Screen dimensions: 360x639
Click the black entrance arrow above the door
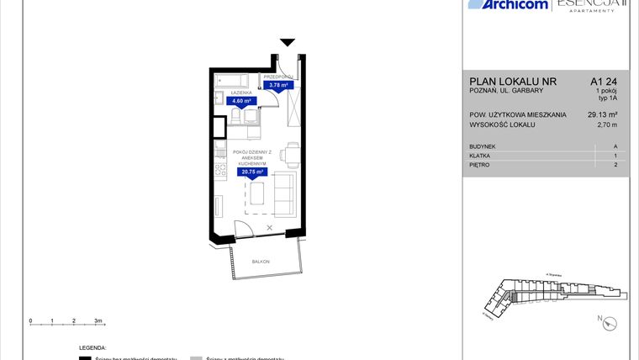click(288, 42)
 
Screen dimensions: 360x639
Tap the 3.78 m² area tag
click(277, 84)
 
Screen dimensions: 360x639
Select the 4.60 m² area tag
click(241, 100)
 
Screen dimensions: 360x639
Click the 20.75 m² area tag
click(253, 172)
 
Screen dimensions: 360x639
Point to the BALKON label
click(261, 262)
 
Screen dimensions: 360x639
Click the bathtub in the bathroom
click(232, 82)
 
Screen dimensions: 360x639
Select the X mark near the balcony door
click(269, 228)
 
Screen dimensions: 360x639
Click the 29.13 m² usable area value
click(602, 114)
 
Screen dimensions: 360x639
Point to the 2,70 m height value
click(606, 125)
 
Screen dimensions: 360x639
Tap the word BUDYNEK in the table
click(483, 146)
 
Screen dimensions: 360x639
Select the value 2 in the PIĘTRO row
click(615, 165)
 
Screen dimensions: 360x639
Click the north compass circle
click(610, 321)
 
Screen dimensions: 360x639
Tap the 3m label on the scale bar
click(98, 321)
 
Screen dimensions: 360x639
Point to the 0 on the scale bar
click(30, 321)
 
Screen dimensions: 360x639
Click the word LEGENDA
click(92, 347)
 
